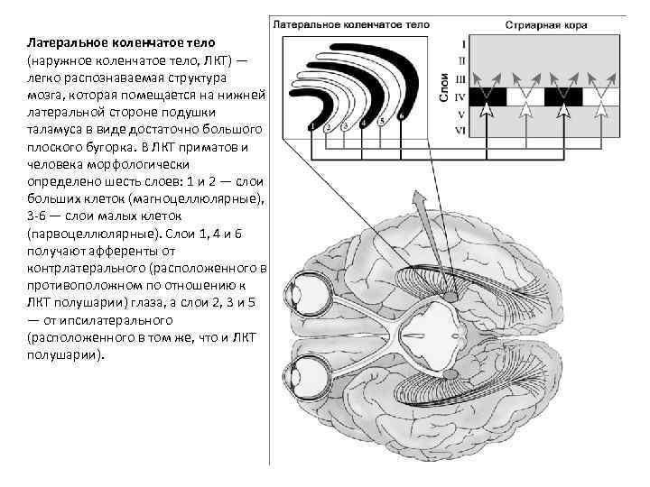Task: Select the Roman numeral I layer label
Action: [x=462, y=43]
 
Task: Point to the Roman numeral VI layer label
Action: [x=461, y=131]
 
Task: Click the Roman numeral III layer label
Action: [x=461, y=78]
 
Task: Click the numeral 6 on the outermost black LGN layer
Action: [x=400, y=116]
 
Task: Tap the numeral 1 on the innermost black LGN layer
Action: [x=311, y=126]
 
